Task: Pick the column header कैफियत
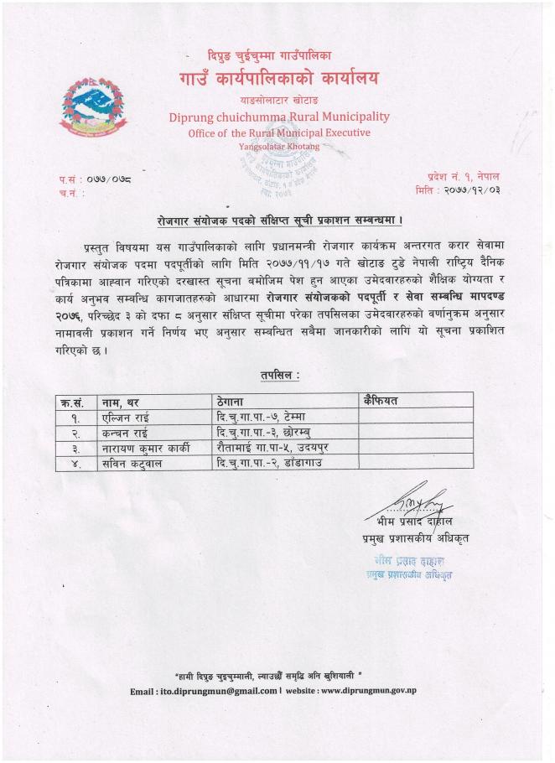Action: [381, 401]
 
